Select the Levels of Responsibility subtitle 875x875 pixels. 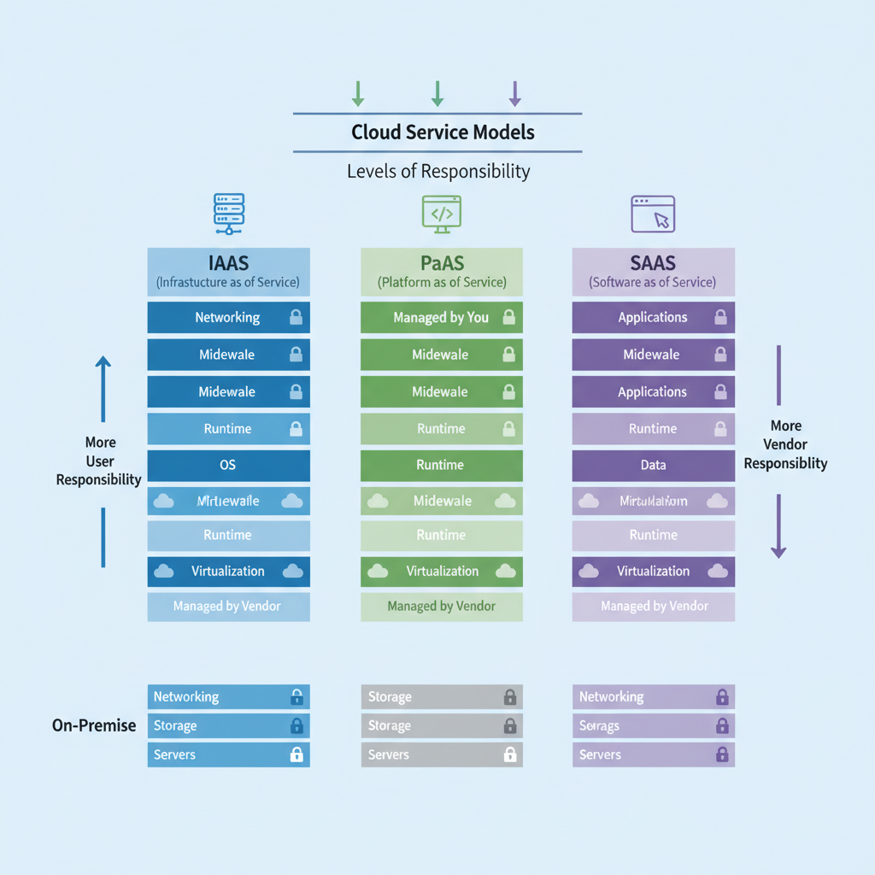click(x=438, y=171)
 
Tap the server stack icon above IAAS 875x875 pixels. click(x=228, y=213)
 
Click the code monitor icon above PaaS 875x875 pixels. click(x=442, y=213)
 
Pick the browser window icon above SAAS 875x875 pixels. click(x=653, y=213)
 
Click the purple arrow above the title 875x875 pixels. click(x=514, y=93)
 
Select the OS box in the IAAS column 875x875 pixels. click(x=228, y=466)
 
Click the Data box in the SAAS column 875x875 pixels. click(x=653, y=466)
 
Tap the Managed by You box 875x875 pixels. click(x=442, y=317)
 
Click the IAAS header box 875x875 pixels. click(x=228, y=272)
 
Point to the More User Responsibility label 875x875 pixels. click(x=99, y=461)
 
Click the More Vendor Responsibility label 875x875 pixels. click(x=785, y=444)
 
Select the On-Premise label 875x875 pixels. click(x=94, y=725)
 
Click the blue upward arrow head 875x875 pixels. click(x=103, y=363)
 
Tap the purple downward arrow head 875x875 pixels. click(x=778, y=552)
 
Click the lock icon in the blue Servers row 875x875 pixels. click(x=297, y=755)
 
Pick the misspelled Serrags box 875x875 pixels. click(x=653, y=725)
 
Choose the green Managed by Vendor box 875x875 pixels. click(x=442, y=606)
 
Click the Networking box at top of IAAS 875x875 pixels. click(x=228, y=317)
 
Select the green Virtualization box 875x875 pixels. click(x=442, y=571)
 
